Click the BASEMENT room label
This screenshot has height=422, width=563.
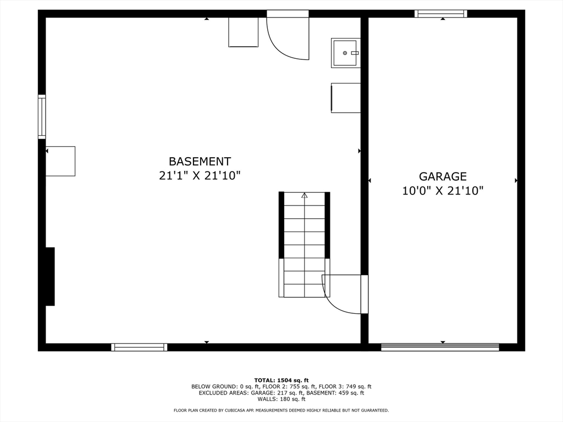coord(200,162)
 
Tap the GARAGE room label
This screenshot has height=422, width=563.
coord(443,176)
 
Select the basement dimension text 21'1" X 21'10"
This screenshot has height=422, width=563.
coord(200,176)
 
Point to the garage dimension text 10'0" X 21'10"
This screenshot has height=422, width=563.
coord(443,191)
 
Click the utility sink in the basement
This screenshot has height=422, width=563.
coord(345,53)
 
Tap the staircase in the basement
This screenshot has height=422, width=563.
coord(304,245)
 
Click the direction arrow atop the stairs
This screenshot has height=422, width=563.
coord(304,195)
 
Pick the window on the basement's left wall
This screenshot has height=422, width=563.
coord(42,116)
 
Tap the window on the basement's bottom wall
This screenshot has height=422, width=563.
coord(139,347)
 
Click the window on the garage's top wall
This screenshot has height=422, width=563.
coord(441,14)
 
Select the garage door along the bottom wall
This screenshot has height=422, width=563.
coord(440,347)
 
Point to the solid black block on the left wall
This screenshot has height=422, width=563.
coord(49,276)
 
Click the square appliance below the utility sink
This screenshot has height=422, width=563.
coord(346,98)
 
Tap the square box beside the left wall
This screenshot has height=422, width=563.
coord(60,161)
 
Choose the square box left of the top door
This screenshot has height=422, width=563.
coord(243,32)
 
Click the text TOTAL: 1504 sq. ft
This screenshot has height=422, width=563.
coord(281,380)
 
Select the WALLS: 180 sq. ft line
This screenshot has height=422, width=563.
coord(281,399)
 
